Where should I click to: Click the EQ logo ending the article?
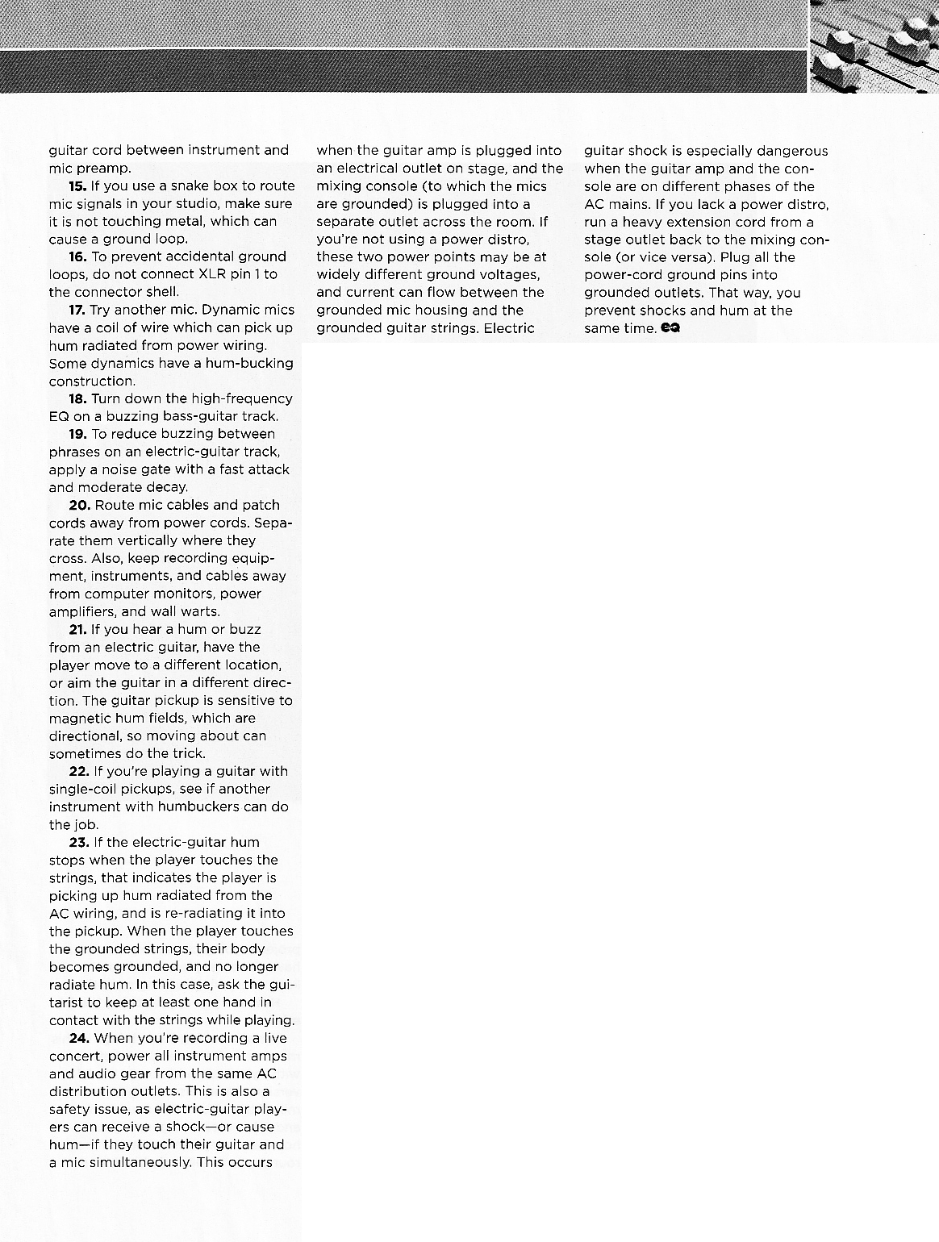pyautogui.click(x=670, y=328)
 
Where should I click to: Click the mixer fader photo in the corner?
pyautogui.click(x=873, y=46)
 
